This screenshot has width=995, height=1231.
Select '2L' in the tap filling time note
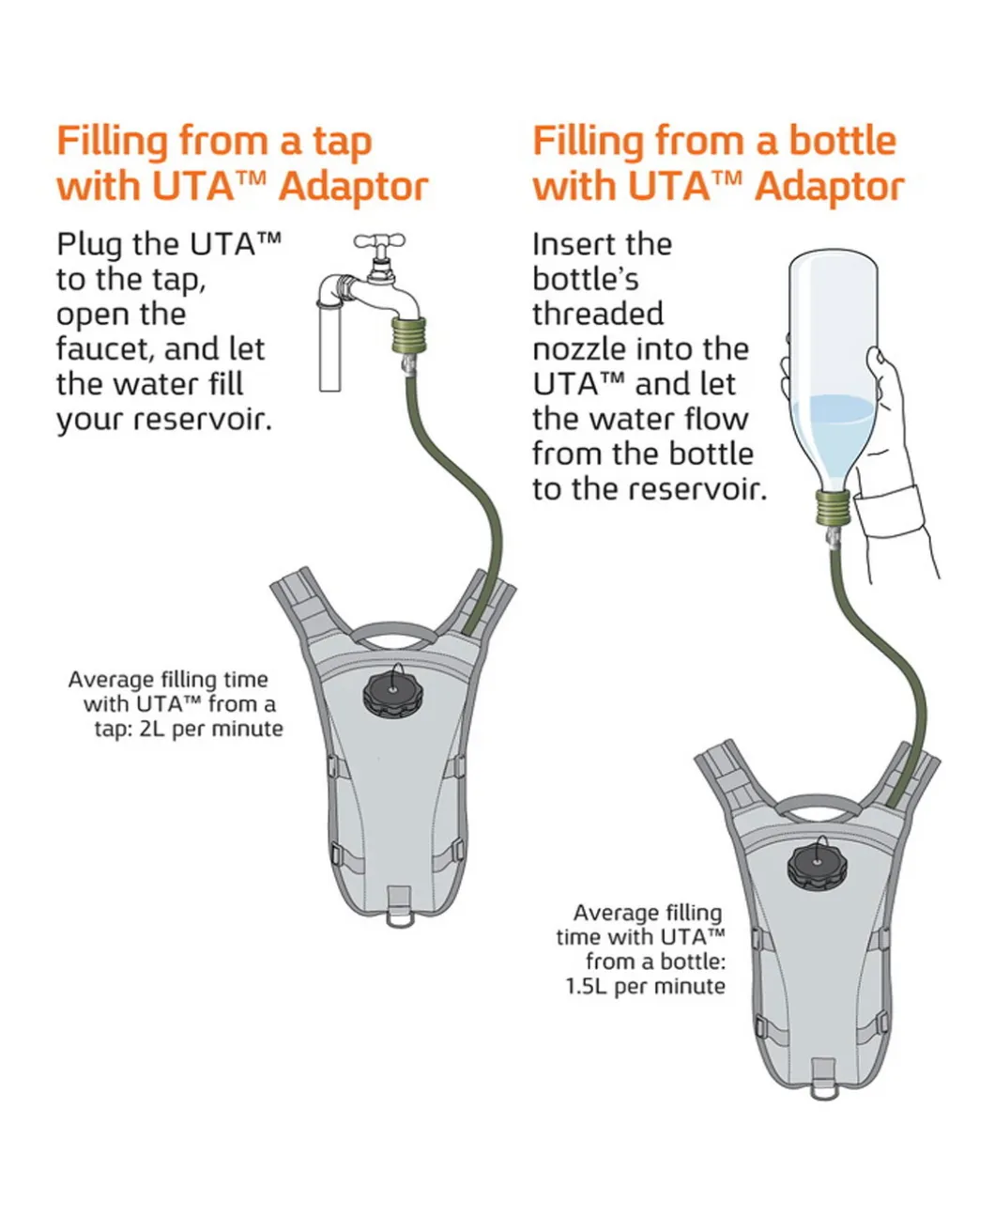(x=153, y=729)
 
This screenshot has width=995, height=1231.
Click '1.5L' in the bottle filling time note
(x=586, y=986)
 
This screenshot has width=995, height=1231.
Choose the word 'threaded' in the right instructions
(x=597, y=314)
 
